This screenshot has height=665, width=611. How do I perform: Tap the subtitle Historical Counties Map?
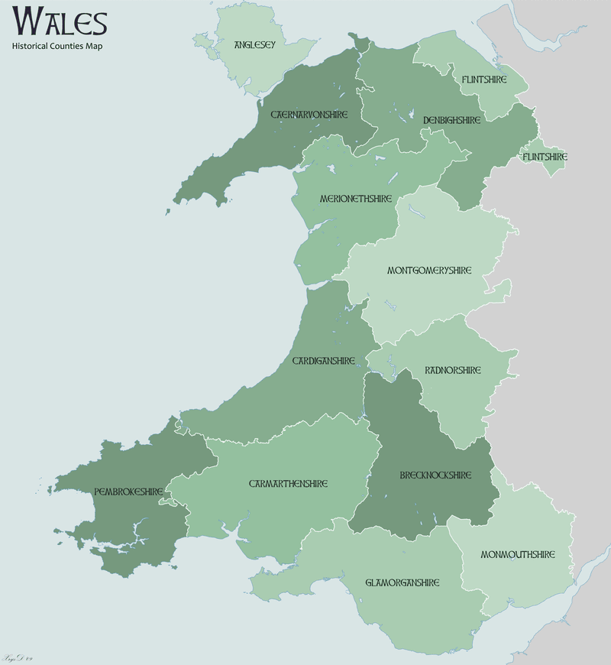tap(57, 47)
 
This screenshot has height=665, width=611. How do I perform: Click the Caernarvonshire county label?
tap(309, 115)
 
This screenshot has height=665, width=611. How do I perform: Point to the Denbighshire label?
tap(451, 120)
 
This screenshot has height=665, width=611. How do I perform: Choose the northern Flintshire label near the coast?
tap(484, 79)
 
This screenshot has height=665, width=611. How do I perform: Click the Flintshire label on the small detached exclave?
tap(545, 157)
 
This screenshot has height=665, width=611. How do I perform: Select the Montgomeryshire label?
tap(429, 271)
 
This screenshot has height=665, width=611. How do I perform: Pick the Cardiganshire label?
tap(324, 360)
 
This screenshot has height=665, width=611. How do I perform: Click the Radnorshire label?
tap(453, 370)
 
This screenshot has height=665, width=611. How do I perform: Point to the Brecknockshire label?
tap(435, 475)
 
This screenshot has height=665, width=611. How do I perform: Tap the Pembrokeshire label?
tap(128, 491)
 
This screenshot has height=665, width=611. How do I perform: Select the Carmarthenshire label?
tap(288, 484)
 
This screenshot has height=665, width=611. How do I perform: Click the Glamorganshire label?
tap(402, 582)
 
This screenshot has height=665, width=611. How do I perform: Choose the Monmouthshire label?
tap(517, 554)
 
